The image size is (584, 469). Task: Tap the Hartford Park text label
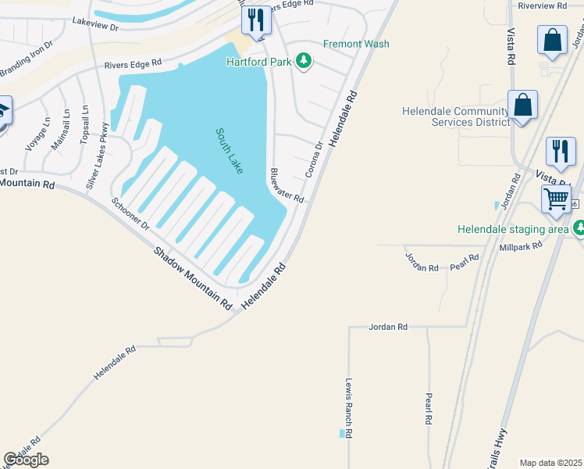coord(259,62)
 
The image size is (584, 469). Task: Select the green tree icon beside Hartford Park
coord(304,62)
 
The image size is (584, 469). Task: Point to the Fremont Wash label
coord(356,45)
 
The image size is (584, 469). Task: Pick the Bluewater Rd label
coord(287,186)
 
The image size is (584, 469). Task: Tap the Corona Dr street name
coord(314,159)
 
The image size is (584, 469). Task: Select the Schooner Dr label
coord(130,213)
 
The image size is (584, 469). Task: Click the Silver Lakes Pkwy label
coord(98,157)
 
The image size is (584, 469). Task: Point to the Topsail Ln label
coord(85,127)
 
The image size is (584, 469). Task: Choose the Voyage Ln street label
coord(38,134)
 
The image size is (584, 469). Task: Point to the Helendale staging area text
coord(513,229)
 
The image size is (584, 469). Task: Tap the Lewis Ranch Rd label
coord(349,408)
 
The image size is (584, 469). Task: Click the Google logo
coord(26,460)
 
